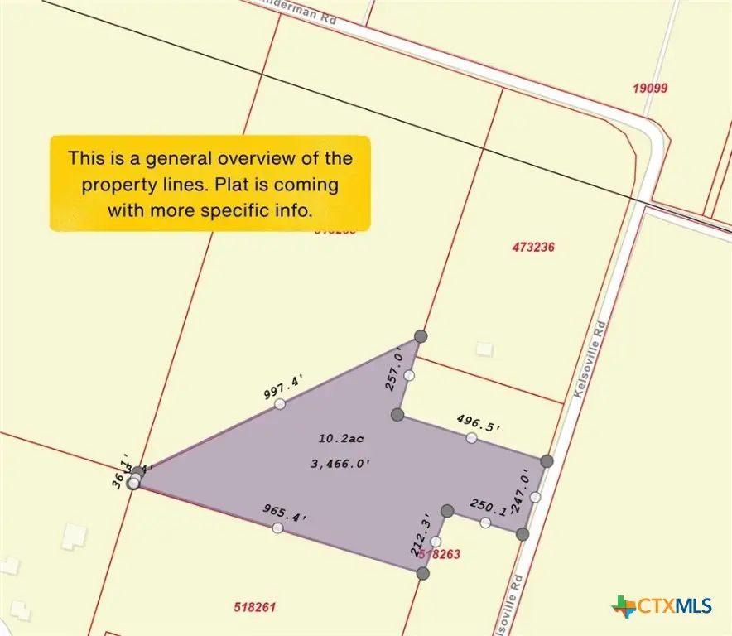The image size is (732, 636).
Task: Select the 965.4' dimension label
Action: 285,512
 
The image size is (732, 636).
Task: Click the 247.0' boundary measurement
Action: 522,492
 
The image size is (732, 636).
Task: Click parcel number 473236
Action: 533,247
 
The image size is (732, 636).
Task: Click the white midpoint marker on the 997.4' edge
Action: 280,404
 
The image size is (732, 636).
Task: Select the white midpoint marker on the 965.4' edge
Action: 277,528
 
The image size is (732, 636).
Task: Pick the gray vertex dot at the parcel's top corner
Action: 421,336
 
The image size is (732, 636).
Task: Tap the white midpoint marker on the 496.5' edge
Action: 471,438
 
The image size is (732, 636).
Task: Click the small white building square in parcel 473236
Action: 484,349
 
